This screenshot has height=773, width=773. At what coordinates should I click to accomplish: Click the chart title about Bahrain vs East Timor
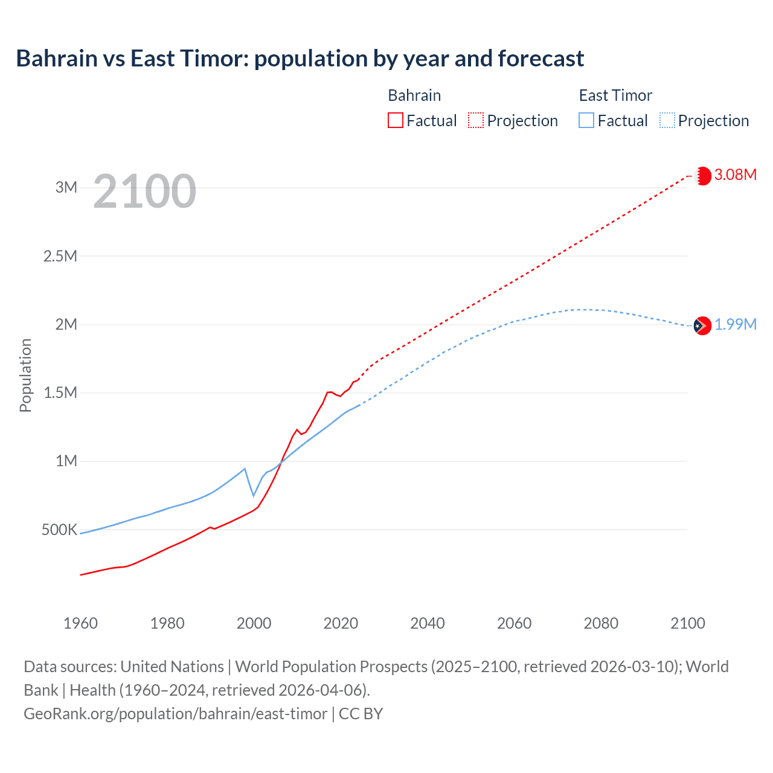click(x=300, y=59)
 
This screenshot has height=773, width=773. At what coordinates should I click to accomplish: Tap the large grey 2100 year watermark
click(x=144, y=191)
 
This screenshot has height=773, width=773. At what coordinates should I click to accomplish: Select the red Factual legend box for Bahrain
click(x=395, y=121)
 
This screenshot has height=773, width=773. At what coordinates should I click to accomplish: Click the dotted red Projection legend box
click(x=476, y=121)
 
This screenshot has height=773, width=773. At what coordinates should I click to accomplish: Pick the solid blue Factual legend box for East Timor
click(x=586, y=121)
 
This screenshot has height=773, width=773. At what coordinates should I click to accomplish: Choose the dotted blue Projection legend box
click(x=667, y=121)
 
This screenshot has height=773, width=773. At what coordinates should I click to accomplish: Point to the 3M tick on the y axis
click(x=66, y=187)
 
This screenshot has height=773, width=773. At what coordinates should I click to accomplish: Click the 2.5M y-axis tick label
click(x=60, y=256)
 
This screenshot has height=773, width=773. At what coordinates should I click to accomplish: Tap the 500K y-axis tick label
click(x=59, y=530)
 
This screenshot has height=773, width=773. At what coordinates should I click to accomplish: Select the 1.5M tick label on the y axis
click(x=60, y=393)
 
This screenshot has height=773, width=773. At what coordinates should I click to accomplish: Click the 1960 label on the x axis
click(x=80, y=623)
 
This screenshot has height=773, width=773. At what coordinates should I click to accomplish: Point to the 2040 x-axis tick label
click(x=428, y=623)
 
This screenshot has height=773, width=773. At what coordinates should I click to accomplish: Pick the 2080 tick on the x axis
click(x=601, y=623)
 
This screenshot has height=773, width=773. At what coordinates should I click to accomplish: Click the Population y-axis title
click(x=25, y=375)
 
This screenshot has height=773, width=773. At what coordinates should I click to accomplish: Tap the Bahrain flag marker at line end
click(x=703, y=176)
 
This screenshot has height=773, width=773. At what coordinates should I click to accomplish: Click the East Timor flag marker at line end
click(x=702, y=326)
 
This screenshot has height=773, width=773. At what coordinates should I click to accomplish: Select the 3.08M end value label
click(x=736, y=175)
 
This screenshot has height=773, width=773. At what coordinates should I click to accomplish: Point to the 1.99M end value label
click(x=736, y=325)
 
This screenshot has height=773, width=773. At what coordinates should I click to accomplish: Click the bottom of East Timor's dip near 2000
click(x=254, y=496)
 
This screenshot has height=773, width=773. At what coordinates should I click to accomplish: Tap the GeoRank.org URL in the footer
click(x=175, y=714)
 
